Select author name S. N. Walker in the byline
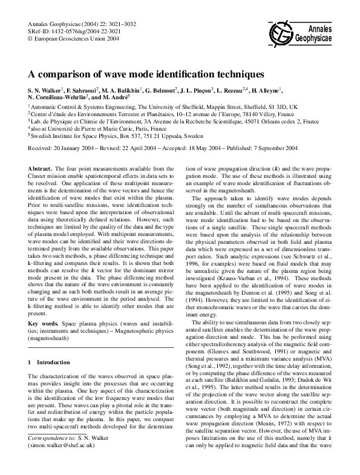(48, 90)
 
